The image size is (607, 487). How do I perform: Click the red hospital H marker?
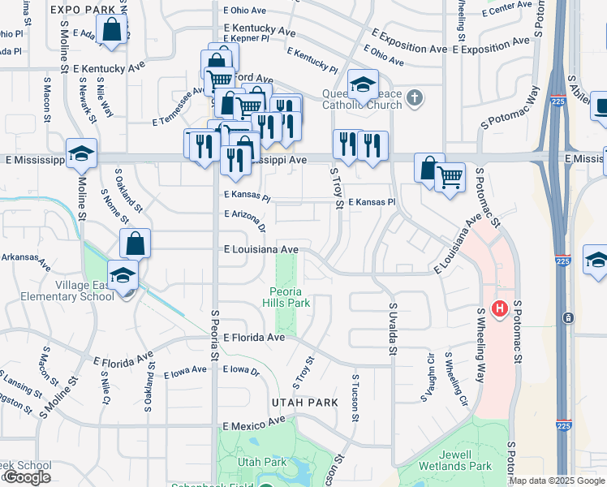tap(500, 309)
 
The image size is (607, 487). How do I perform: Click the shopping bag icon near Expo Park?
tap(116, 31)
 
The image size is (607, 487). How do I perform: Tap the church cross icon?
tap(415, 98)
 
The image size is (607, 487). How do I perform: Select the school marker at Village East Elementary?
tap(123, 276)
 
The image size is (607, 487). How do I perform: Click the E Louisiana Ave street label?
tap(261, 250)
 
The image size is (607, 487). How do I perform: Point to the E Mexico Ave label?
tap(254, 424)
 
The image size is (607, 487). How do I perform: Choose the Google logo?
tap(27, 478)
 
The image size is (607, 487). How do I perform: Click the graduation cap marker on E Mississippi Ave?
tap(81, 153)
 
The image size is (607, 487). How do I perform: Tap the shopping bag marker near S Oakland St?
tap(135, 243)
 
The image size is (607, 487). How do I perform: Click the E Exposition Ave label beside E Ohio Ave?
tap(410, 49)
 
